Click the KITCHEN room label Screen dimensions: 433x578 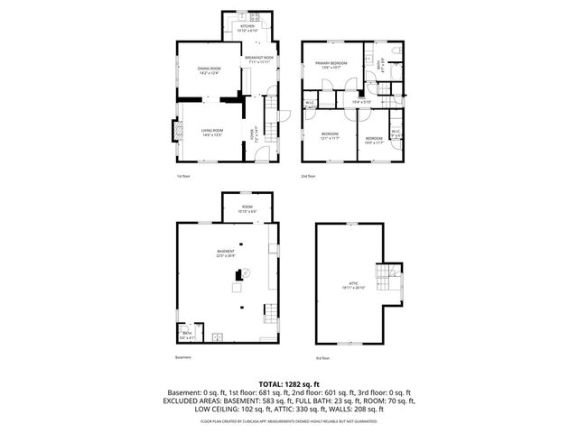tap(247, 27)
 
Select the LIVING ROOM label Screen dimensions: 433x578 tap(212, 132)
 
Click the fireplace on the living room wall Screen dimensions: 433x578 tap(178, 132)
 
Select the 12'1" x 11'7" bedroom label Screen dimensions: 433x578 tap(330, 136)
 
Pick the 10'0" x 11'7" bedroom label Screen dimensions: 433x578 tap(373, 139)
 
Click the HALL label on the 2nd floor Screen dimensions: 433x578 tap(361, 101)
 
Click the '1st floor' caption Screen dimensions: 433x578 tap(183, 176)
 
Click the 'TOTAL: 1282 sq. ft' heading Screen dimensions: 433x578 tap(289, 384)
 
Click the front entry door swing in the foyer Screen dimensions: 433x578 tap(262, 152)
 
